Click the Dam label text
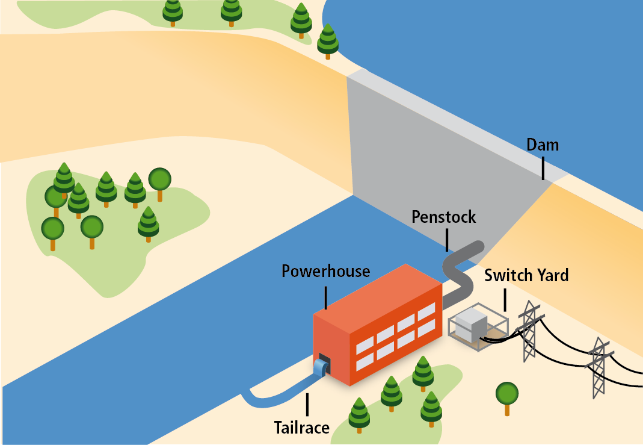(543, 145)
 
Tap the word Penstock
(444, 217)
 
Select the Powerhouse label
(325, 272)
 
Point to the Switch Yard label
(526, 276)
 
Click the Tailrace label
(302, 428)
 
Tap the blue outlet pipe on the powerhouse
(319, 367)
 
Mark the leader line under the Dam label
(543, 169)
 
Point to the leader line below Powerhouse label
(325, 297)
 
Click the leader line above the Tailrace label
(307, 405)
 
